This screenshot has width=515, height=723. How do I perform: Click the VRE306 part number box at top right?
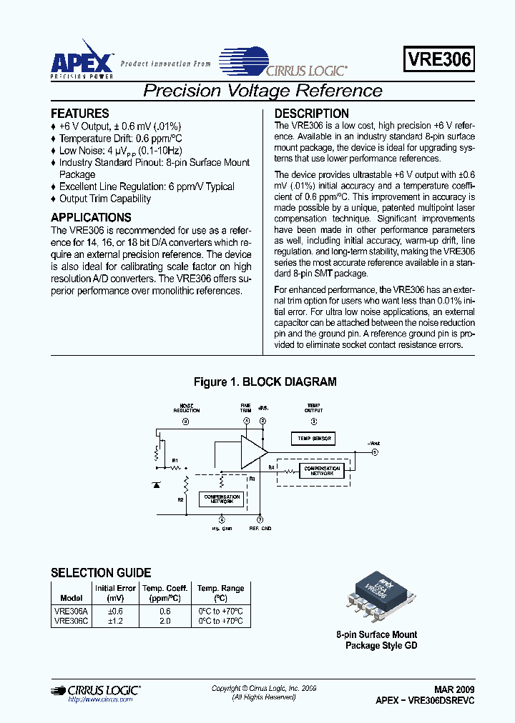439,60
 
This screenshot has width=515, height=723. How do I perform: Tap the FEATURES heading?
80,114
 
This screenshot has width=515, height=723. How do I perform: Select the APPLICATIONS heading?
91,217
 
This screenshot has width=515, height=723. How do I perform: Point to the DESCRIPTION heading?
312,114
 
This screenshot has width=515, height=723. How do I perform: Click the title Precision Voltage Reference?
263,91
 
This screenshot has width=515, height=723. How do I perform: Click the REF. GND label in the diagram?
260,529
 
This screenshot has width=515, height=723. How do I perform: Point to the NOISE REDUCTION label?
186,408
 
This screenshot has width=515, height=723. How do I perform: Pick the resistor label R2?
180,499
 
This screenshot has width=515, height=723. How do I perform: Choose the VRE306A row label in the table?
71,611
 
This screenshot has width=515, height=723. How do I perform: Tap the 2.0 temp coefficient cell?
165,621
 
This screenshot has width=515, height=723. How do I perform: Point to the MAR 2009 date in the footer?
453,690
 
